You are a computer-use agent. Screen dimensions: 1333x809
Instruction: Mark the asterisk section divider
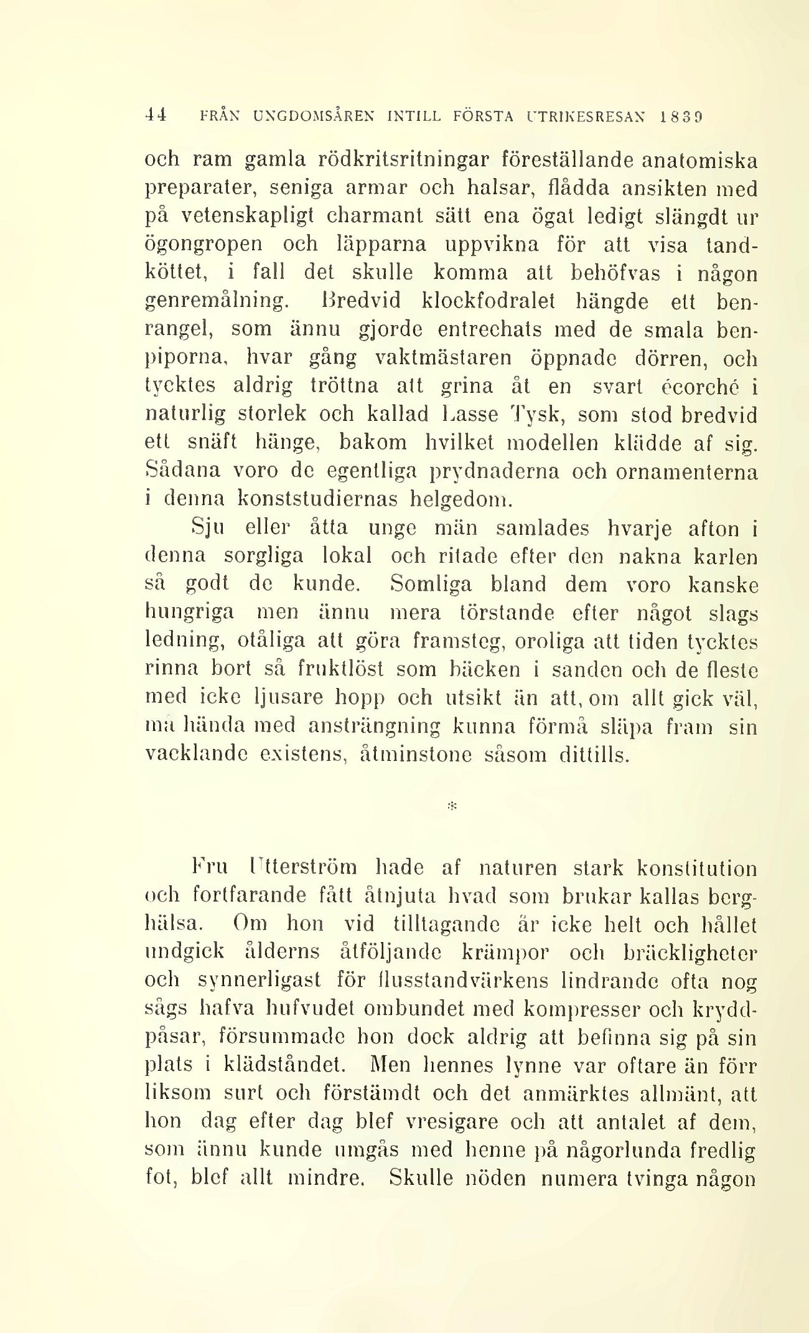point(452,806)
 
